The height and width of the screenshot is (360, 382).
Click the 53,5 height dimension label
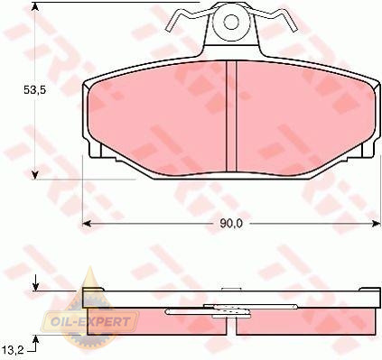point(34,89)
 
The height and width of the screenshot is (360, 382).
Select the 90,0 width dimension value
point(231,224)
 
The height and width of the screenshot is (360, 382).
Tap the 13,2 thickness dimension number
point(13,350)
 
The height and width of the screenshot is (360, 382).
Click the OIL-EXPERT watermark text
point(90,322)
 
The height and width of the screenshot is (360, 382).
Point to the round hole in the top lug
point(231,22)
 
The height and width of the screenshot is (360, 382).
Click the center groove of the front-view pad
point(231,117)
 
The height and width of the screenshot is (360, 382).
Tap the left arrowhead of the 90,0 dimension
point(87,224)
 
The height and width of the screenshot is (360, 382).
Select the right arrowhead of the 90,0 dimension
point(377,224)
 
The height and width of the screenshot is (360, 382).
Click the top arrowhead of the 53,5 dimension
point(35,6)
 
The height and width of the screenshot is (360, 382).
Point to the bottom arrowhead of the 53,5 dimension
point(35,175)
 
